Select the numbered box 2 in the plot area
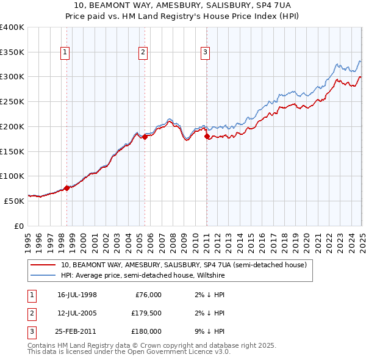point(143,53)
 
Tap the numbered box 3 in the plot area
point(206,53)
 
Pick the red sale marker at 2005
point(145,137)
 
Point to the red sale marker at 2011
point(207,137)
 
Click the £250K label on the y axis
point(12,102)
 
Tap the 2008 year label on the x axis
point(173,239)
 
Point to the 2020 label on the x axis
point(307,239)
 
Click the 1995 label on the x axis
point(29,239)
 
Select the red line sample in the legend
point(43,265)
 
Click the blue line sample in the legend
point(43,275)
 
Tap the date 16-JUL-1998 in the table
point(77,295)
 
